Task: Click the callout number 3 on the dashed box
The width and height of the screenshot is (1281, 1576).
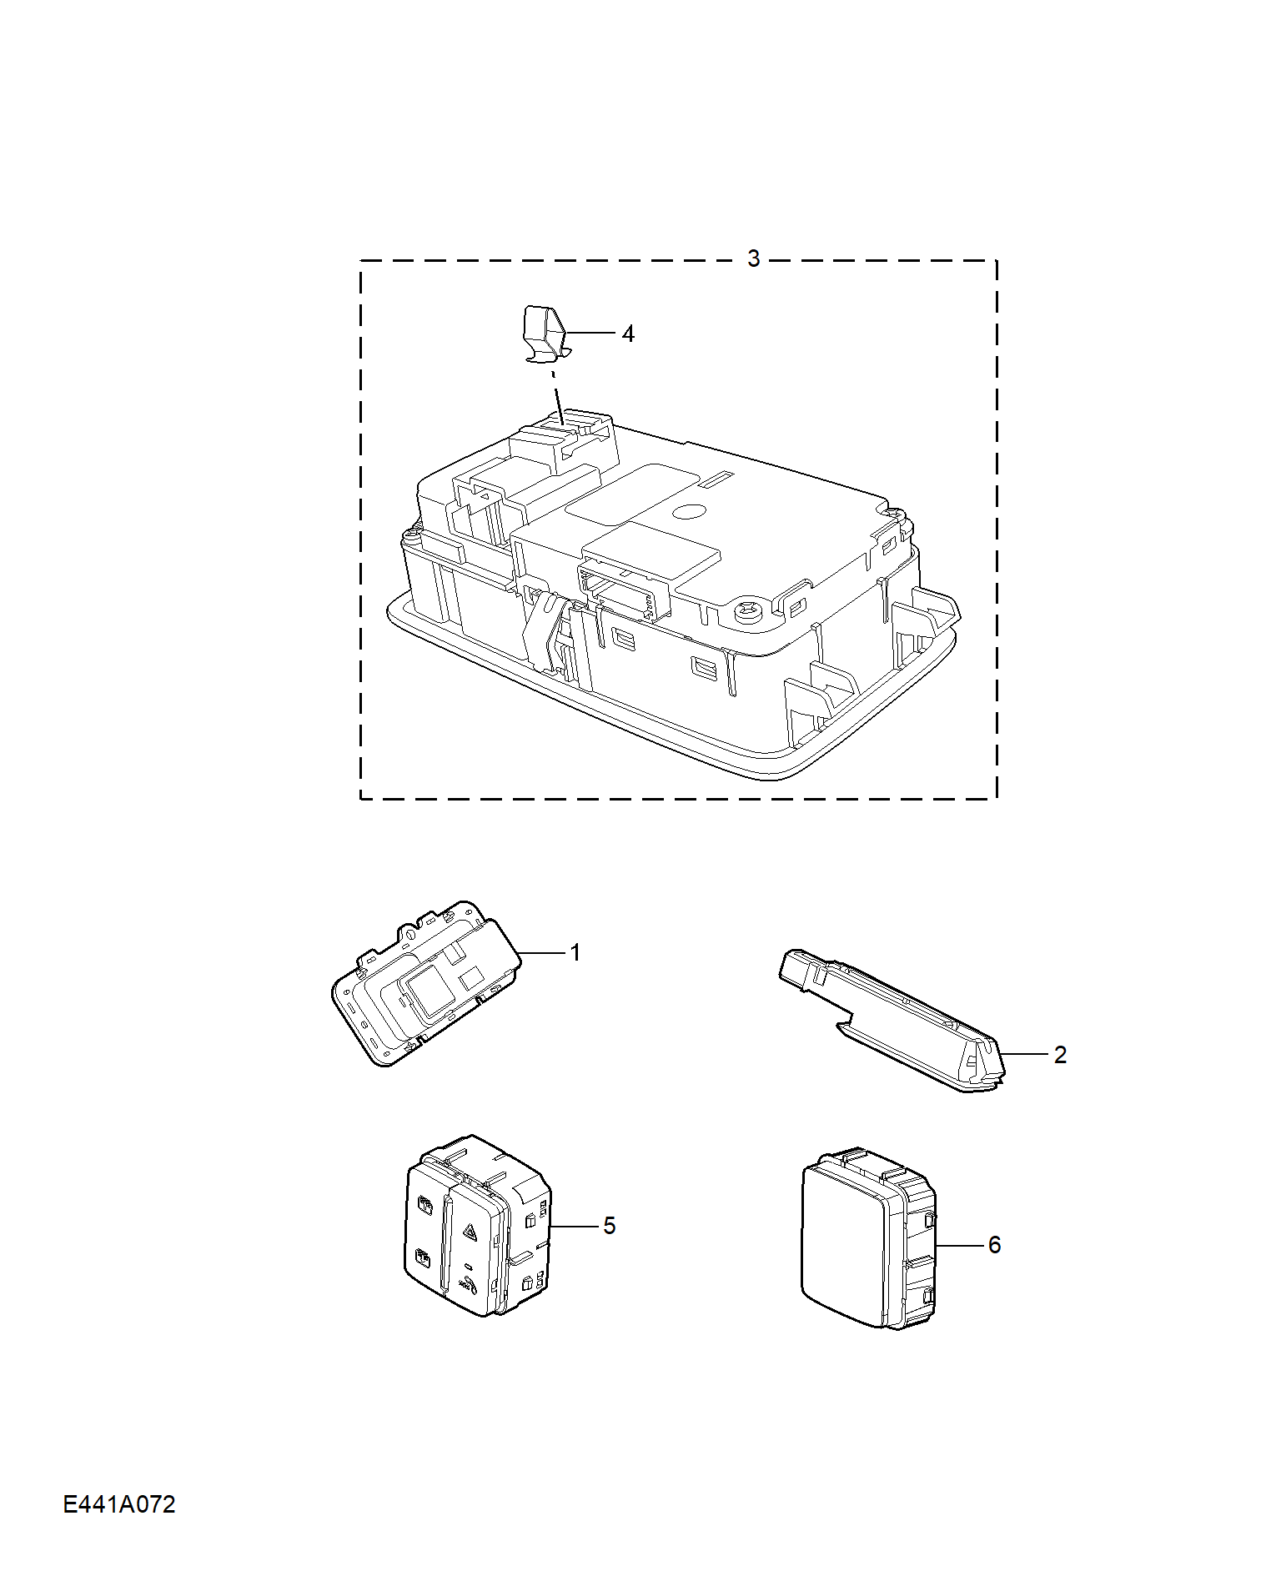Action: [x=753, y=258]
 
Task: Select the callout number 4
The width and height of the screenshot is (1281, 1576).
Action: [x=628, y=334]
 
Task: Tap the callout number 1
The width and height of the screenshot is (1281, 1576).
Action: [x=575, y=952]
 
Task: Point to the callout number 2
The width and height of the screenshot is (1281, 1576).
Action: [x=1060, y=1055]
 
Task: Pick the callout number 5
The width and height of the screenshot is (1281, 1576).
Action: [x=609, y=1226]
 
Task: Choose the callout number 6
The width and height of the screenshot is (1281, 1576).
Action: [x=994, y=1245]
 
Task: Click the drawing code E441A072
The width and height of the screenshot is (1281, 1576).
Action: [x=119, y=1504]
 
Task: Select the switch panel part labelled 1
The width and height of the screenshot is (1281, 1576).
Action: [x=425, y=983]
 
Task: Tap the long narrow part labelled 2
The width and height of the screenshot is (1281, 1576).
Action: [x=892, y=1021]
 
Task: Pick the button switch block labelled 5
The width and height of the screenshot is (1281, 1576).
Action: [x=477, y=1226]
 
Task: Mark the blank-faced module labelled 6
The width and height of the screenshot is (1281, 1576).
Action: [x=868, y=1237]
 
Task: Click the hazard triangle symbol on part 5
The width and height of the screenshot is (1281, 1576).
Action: [x=468, y=1231]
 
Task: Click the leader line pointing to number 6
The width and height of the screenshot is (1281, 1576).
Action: [x=959, y=1245]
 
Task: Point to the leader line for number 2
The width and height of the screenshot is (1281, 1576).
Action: [x=1025, y=1055]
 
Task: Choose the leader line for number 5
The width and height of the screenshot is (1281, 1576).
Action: [x=575, y=1226]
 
